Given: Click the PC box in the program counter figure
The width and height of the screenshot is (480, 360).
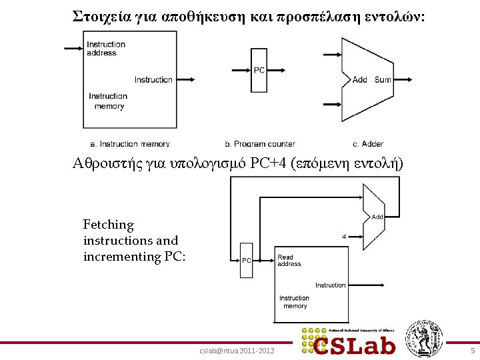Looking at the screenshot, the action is [x=259, y=70].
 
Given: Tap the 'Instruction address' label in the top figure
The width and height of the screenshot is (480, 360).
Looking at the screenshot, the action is [x=105, y=49].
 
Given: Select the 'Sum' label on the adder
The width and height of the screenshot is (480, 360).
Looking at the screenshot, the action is [x=383, y=80].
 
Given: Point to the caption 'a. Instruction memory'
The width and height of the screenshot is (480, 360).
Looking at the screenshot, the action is [x=129, y=143].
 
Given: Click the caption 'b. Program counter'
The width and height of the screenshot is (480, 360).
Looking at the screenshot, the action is [x=260, y=143].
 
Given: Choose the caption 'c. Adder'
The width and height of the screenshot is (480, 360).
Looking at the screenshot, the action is [x=368, y=143].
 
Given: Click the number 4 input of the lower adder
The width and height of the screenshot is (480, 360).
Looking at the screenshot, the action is [x=343, y=237].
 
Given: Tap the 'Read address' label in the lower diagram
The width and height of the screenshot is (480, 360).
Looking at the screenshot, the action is [x=289, y=260].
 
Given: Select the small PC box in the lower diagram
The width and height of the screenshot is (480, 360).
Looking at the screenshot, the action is [x=246, y=261].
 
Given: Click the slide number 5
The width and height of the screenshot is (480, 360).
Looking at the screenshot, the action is [x=472, y=351].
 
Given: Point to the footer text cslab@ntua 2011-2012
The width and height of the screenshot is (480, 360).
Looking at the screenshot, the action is [x=237, y=351].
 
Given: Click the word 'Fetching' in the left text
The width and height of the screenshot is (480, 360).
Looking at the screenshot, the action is [x=108, y=225].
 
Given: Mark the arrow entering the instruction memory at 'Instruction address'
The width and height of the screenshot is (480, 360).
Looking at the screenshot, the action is [x=73, y=48].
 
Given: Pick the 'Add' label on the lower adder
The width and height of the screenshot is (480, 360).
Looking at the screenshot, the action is [x=377, y=217].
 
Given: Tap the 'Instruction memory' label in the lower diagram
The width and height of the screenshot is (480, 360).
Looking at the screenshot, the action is [x=294, y=302].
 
